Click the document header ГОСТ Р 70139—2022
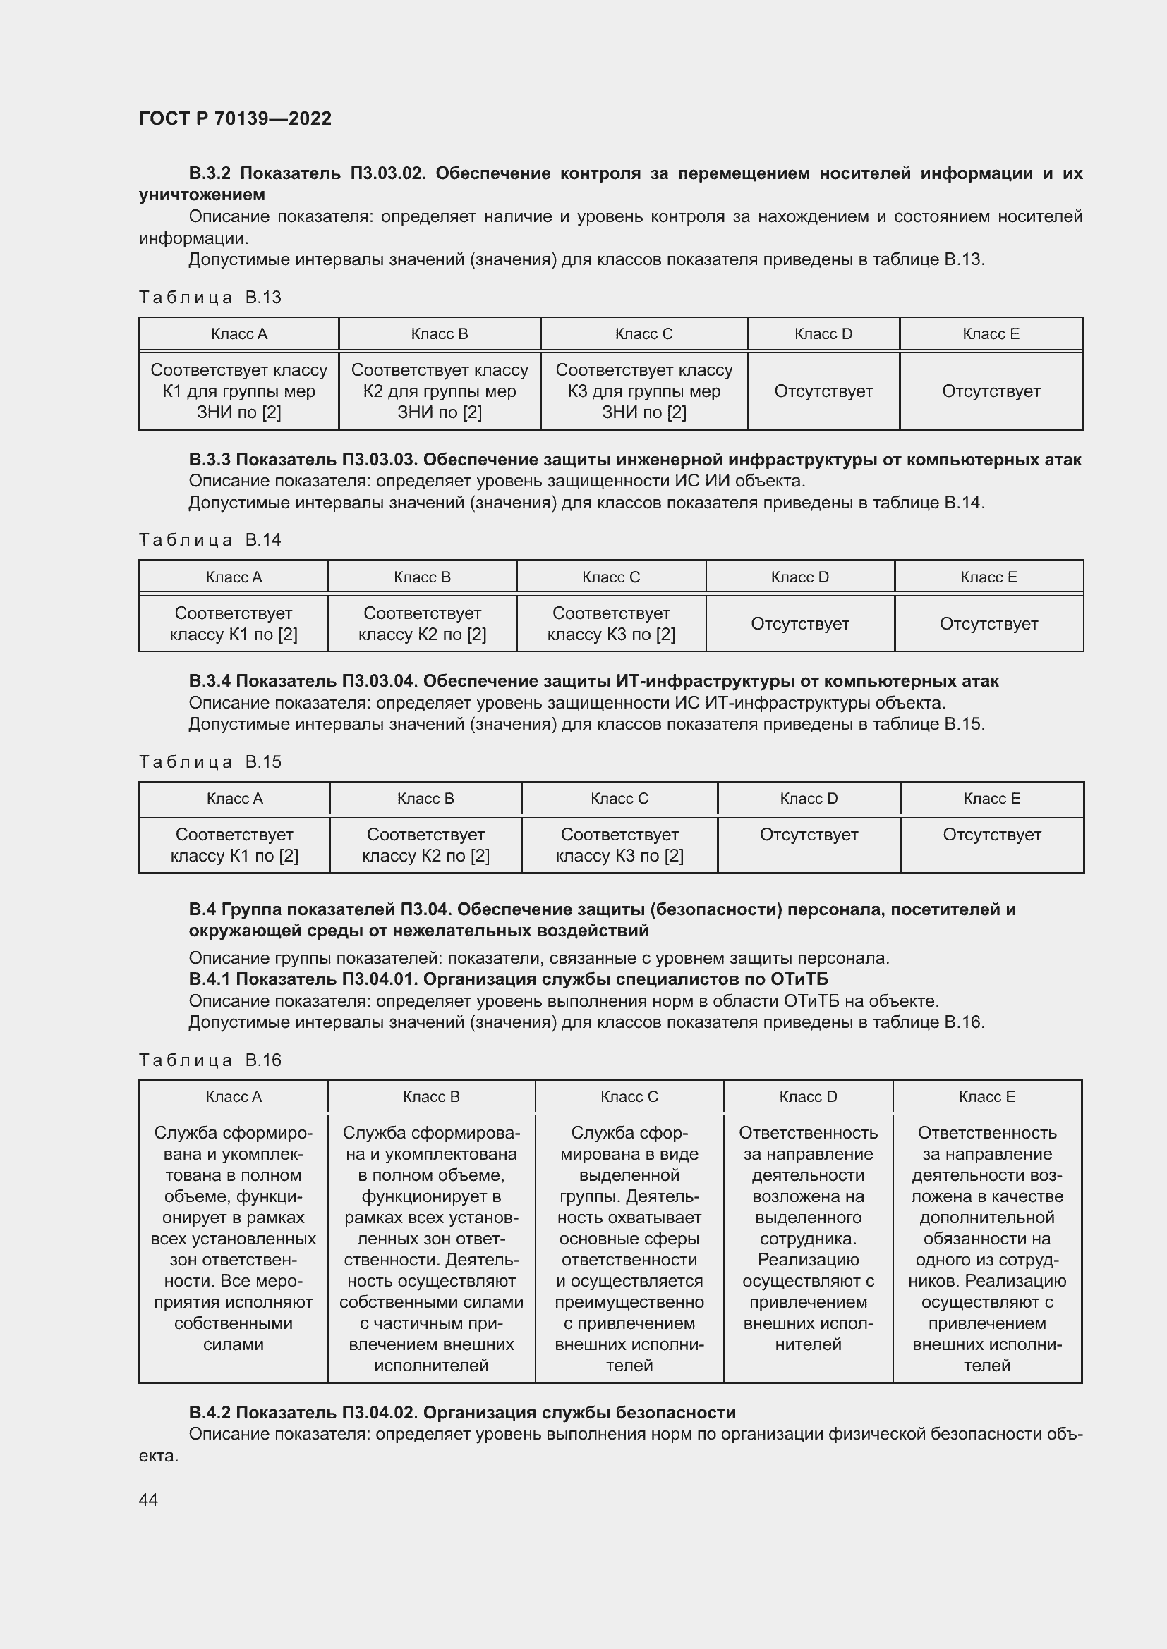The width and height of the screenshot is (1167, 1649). tap(235, 118)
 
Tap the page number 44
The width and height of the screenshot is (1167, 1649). tap(148, 1500)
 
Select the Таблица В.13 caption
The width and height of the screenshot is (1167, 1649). tap(210, 298)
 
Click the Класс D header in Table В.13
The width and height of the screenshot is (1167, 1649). tap(823, 334)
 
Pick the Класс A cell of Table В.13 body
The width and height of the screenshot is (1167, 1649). tap(238, 391)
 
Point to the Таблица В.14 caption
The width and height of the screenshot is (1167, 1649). tap(210, 540)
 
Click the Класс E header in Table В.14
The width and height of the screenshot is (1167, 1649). tap(988, 577)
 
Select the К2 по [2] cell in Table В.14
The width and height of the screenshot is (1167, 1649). tap(422, 623)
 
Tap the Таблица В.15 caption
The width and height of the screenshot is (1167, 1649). tap(210, 762)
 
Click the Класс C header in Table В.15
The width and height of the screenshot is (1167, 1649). tap(619, 799)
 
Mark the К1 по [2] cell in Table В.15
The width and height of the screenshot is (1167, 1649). tap(234, 845)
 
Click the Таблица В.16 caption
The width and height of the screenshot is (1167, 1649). tap(210, 1060)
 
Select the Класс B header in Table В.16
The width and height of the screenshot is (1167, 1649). tap(430, 1097)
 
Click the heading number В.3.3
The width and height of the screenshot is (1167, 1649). tap(210, 460)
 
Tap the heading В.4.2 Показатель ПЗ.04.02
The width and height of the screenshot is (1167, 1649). tap(461, 1413)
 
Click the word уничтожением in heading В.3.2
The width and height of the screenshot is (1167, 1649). tap(202, 195)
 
